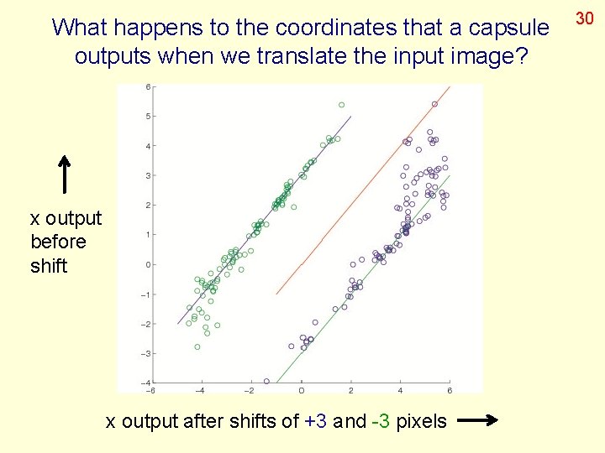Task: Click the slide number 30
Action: click(585, 17)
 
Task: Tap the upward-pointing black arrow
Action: click(65, 174)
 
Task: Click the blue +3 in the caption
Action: click(316, 421)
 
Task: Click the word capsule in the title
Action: click(508, 28)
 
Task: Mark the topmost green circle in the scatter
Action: click(341, 105)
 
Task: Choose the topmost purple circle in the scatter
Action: click(434, 104)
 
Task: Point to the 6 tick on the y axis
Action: click(148, 86)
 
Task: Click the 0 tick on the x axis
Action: click(302, 390)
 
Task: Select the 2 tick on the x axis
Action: click(351, 390)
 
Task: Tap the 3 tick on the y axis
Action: click(148, 175)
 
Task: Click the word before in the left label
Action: click(58, 242)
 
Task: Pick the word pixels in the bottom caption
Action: click(419, 421)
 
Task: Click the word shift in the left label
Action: click(49, 265)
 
